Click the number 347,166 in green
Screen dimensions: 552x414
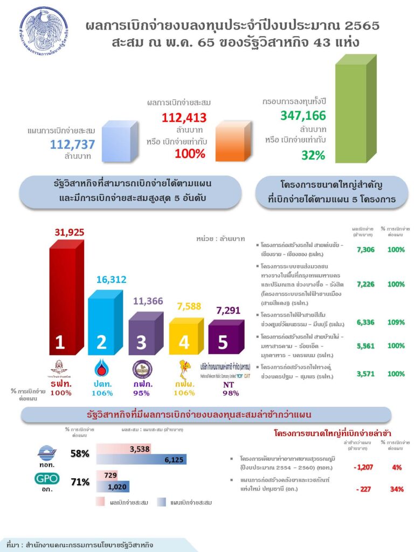303,115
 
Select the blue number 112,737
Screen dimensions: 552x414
72,144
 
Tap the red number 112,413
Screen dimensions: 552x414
184,118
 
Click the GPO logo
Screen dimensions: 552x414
47,478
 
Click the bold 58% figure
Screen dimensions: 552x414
80,453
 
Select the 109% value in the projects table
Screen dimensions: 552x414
396,322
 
